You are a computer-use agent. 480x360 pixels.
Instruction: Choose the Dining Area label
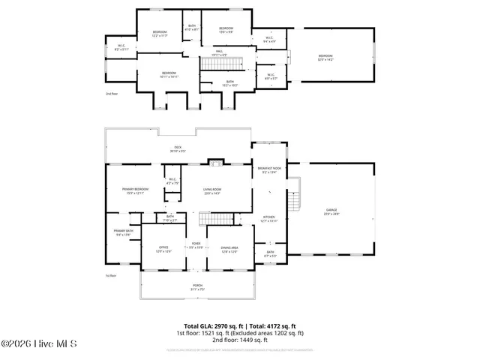(x=229, y=249)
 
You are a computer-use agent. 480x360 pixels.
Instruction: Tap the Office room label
(x=163, y=249)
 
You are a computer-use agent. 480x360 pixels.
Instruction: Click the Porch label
(x=197, y=287)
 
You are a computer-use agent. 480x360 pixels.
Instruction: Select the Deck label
(x=178, y=148)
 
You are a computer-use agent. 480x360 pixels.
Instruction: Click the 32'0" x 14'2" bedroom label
(x=325, y=57)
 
